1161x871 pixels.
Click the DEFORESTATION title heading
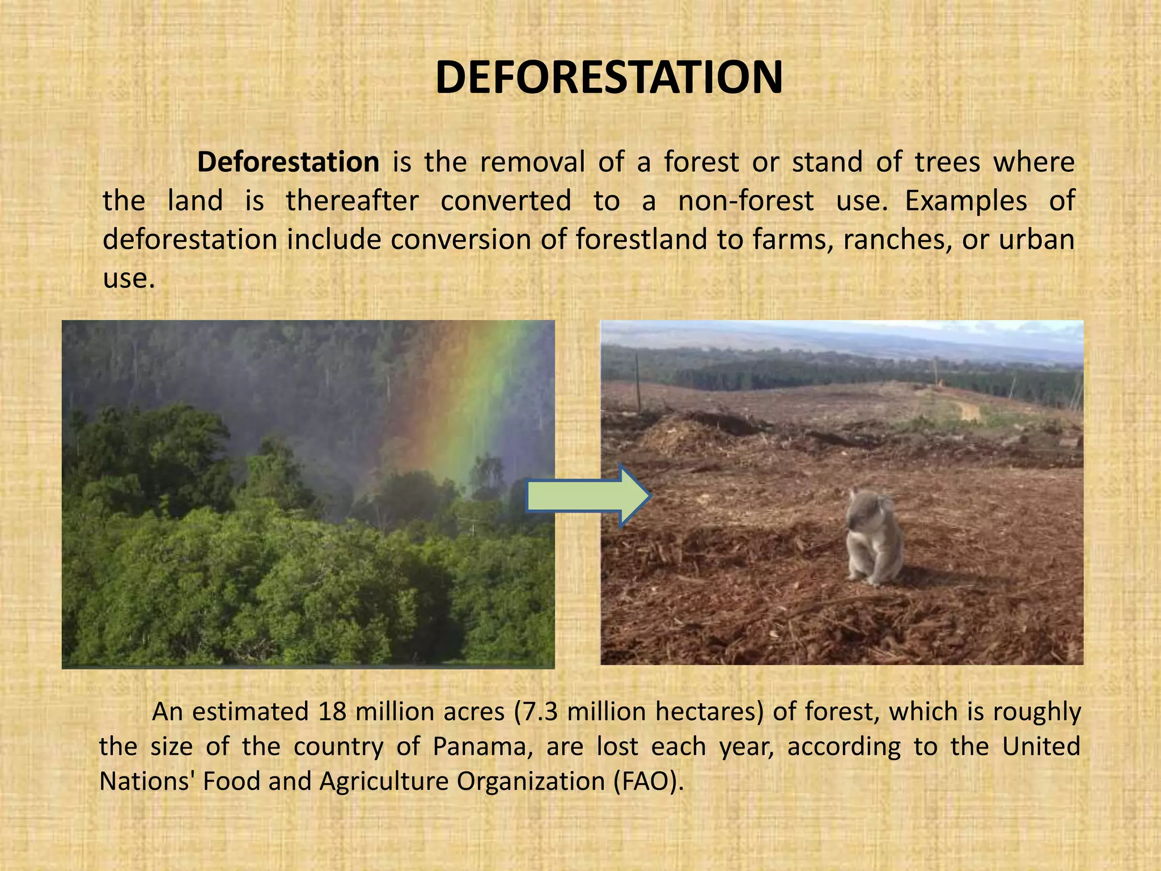click(609, 78)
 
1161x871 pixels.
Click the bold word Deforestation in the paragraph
click(288, 162)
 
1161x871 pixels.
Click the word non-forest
click(746, 201)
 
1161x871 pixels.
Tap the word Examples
click(965, 201)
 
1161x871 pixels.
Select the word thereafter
click(352, 201)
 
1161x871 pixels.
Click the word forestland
click(642, 239)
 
